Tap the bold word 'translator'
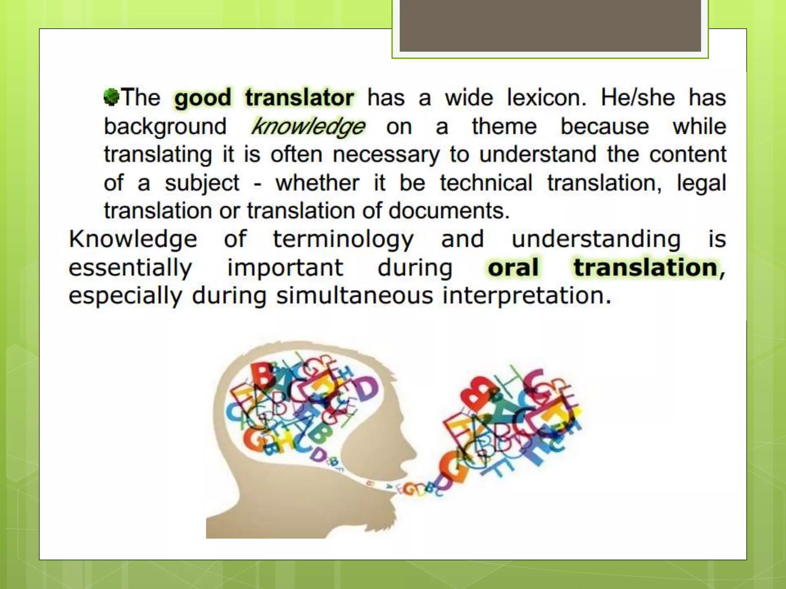pos(299,97)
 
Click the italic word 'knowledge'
pos(308,127)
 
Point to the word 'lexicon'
pos(546,97)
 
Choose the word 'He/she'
pos(637,97)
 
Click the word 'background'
pos(165,127)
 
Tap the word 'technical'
pos(486,183)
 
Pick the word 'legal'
pos(701,183)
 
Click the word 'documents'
pos(449,211)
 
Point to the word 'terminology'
pos(343,239)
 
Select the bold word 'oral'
pos(513,267)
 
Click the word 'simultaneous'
pos(355,296)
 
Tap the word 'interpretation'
pos(527,296)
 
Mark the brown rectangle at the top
pos(550,25)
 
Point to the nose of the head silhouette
pos(413,449)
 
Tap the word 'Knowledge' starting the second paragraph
pos(133,239)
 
